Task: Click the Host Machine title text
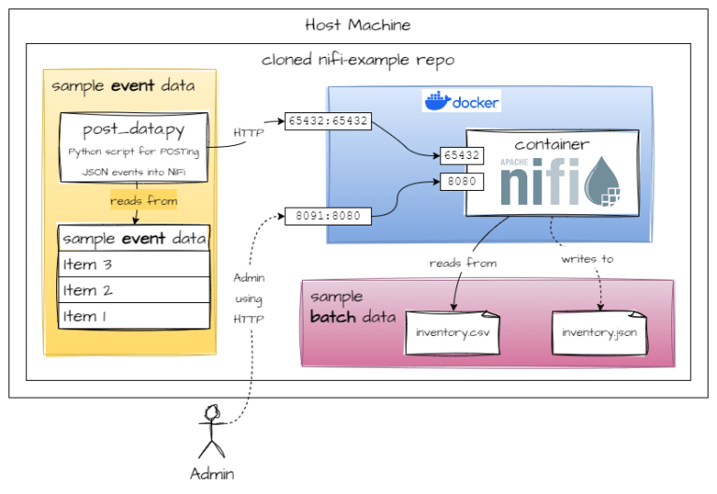[357, 24]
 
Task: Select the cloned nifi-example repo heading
[357, 60]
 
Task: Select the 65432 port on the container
[462, 155]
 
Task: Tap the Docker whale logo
[437, 101]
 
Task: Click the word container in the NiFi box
[552, 144]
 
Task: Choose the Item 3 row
[134, 265]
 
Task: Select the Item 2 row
[134, 290]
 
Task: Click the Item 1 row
[134, 316]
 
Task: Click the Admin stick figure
[212, 429]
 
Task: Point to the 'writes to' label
[587, 258]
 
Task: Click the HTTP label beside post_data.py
[248, 133]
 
